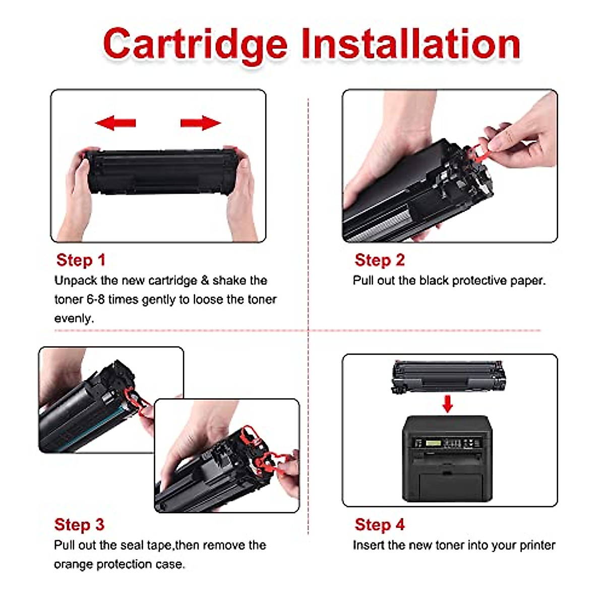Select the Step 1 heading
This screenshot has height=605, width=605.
(x=81, y=260)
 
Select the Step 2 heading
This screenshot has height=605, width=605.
(x=380, y=260)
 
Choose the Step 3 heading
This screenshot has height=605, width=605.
(x=79, y=525)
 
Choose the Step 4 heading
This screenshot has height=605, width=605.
(x=380, y=525)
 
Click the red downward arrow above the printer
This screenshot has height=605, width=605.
(x=447, y=403)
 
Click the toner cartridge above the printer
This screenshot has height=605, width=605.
(x=448, y=376)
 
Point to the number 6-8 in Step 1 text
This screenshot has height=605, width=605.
(x=96, y=299)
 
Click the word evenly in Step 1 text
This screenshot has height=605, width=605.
(x=74, y=319)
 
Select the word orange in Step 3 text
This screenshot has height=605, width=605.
(x=73, y=564)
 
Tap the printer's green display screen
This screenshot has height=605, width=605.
(x=434, y=443)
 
